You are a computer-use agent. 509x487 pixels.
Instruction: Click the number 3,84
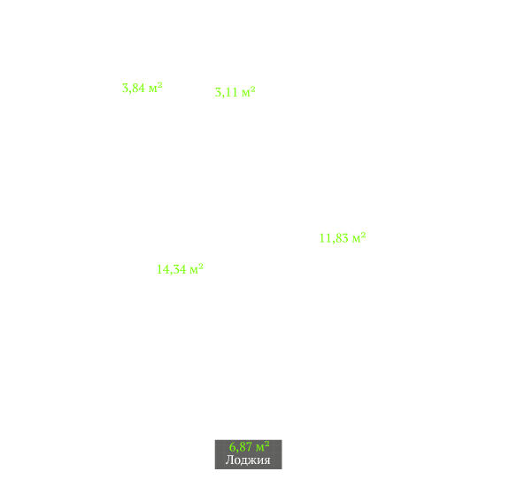point(134,89)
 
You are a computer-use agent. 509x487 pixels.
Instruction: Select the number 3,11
point(227,92)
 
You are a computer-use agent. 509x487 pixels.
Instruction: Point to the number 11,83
point(334,238)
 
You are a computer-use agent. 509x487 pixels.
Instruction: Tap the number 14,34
point(172,269)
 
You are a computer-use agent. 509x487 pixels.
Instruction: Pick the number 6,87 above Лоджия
point(241,447)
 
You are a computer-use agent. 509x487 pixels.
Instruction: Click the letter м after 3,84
point(153,89)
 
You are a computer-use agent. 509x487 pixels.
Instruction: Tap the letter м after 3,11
point(246,93)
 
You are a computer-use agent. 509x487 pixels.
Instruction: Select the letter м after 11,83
point(357,239)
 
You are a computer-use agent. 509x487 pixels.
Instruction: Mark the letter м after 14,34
point(194,270)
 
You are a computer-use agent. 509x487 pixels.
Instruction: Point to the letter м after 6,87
point(260,448)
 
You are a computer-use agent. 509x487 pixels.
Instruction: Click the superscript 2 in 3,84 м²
point(159,85)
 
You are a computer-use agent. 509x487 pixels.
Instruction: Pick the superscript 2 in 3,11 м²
point(253,89)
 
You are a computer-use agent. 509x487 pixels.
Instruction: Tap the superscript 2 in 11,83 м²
point(363,235)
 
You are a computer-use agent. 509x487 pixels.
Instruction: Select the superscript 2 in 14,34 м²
point(201,267)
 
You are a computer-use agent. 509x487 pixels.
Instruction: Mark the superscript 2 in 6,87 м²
point(266,444)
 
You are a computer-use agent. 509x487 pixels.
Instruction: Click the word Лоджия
point(248,460)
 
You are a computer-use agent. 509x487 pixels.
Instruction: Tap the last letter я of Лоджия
point(266,460)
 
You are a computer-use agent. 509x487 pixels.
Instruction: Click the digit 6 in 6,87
point(233,447)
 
